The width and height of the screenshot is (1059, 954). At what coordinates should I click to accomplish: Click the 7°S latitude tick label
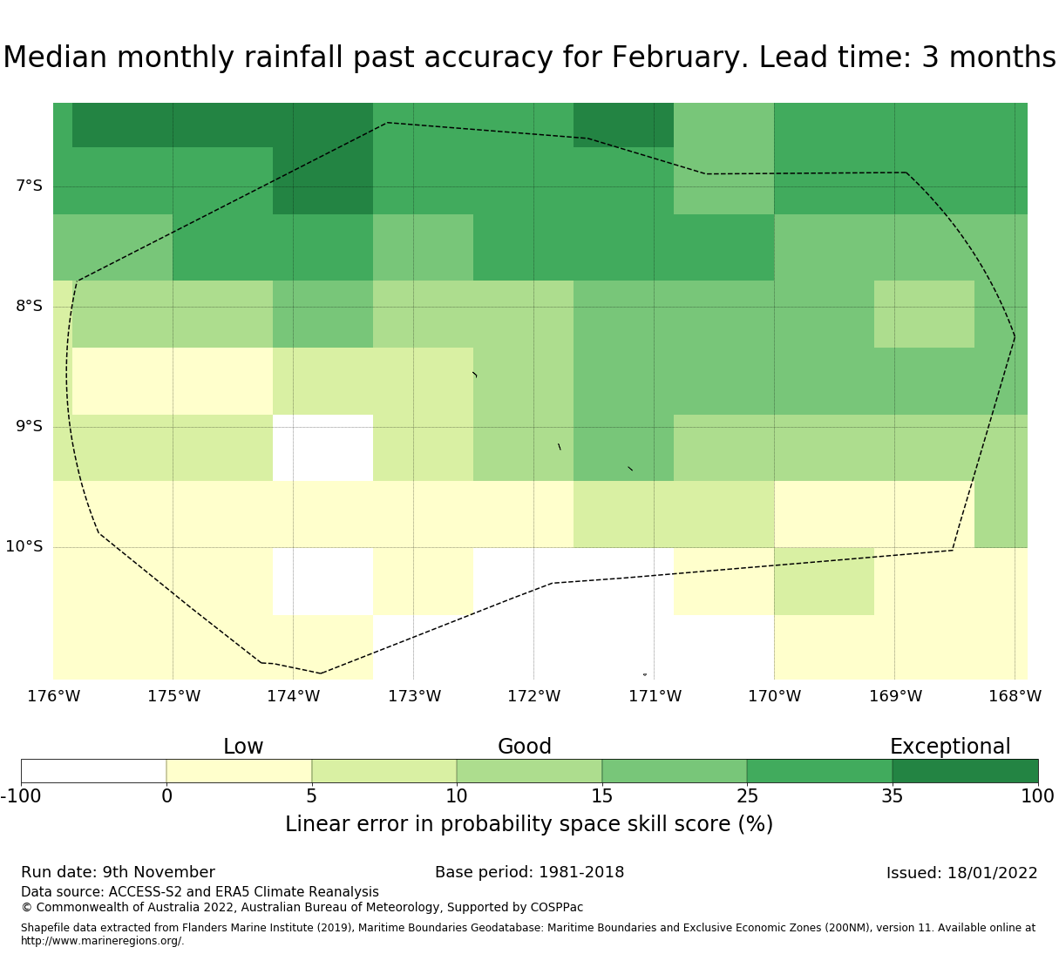pyautogui.click(x=29, y=186)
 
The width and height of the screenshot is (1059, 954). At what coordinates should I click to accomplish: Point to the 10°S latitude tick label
pyautogui.click(x=24, y=546)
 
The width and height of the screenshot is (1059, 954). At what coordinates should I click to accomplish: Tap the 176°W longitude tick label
pyautogui.click(x=53, y=696)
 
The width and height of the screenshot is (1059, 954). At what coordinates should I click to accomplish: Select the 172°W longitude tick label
pyautogui.click(x=533, y=696)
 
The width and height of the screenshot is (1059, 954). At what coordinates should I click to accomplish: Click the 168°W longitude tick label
pyautogui.click(x=1015, y=696)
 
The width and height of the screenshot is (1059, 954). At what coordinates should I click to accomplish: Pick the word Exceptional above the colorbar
pyautogui.click(x=950, y=747)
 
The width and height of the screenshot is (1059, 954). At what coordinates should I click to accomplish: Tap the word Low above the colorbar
pyautogui.click(x=243, y=747)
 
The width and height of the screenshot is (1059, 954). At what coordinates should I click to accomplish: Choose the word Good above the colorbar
pyautogui.click(x=524, y=747)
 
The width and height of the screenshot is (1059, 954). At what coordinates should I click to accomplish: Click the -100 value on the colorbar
pyautogui.click(x=21, y=796)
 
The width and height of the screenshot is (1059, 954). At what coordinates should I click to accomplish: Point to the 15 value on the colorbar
pyautogui.click(x=601, y=796)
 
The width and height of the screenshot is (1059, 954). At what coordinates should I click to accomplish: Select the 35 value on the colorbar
pyautogui.click(x=893, y=796)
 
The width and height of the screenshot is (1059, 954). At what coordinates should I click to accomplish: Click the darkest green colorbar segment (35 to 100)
pyautogui.click(x=965, y=771)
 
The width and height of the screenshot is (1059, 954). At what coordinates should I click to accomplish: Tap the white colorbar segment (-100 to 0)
pyautogui.click(x=94, y=771)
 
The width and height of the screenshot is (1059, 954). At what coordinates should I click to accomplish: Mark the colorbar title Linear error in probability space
pyautogui.click(x=443, y=824)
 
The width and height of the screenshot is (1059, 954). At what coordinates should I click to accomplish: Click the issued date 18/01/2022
pyautogui.click(x=993, y=873)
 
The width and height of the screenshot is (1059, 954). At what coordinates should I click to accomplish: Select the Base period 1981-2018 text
pyautogui.click(x=530, y=872)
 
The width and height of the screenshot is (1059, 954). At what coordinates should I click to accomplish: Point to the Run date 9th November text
pyautogui.click(x=119, y=872)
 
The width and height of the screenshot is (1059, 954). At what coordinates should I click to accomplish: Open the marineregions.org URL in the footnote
pyautogui.click(x=103, y=941)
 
